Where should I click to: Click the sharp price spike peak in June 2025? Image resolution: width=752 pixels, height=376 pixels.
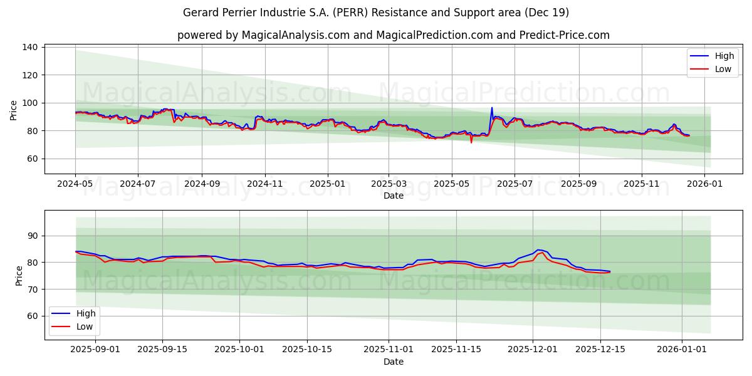click(492, 108)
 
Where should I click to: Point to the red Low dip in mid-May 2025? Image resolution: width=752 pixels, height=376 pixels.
click(471, 142)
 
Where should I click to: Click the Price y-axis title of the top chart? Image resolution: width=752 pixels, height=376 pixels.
click(14, 110)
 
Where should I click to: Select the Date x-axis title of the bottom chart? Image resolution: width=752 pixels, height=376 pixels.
click(393, 362)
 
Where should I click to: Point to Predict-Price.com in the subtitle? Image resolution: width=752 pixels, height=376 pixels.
click(565, 35)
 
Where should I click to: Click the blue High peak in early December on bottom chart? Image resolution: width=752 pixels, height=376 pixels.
click(538, 250)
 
